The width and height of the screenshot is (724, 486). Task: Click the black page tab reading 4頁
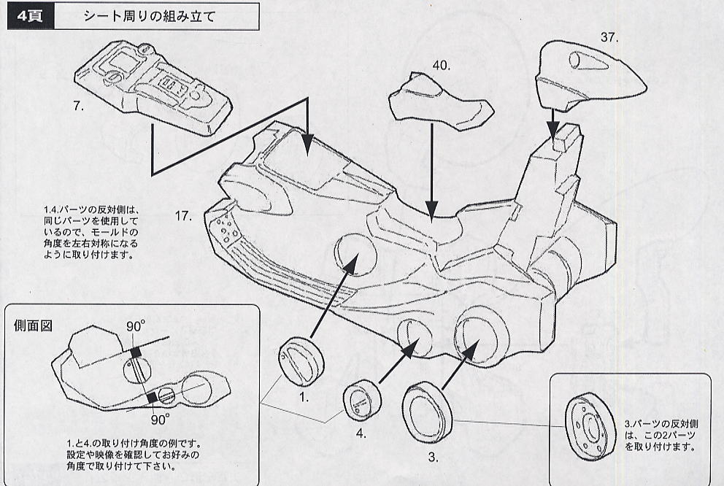pyautogui.click(x=28, y=16)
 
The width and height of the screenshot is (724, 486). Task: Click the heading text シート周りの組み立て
pyautogui.click(x=149, y=16)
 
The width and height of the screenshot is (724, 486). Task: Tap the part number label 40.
pyautogui.click(x=441, y=66)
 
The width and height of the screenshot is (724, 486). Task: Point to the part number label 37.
pyautogui.click(x=609, y=36)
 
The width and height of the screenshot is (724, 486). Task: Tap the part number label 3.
pyautogui.click(x=433, y=458)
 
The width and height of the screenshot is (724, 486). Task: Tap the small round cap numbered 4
pyautogui.click(x=361, y=400)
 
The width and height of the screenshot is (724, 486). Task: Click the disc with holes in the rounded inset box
pyautogui.click(x=592, y=426)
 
